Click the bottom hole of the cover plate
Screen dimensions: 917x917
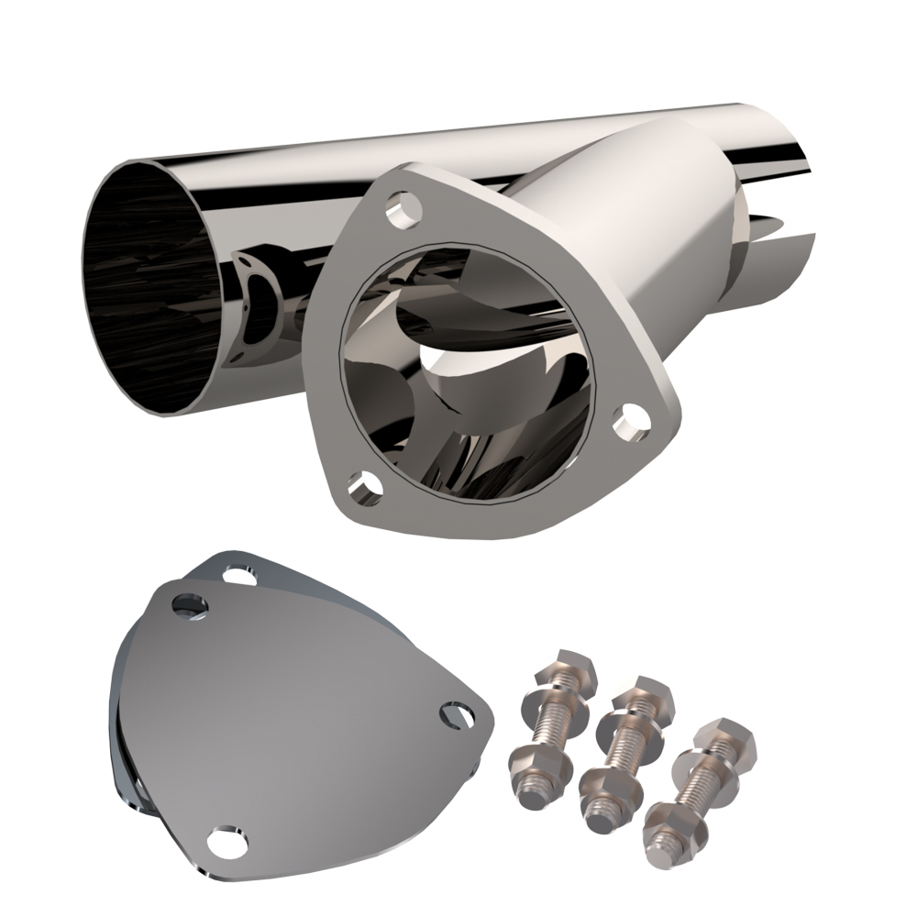224,840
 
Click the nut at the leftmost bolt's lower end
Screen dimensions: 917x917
534,764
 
